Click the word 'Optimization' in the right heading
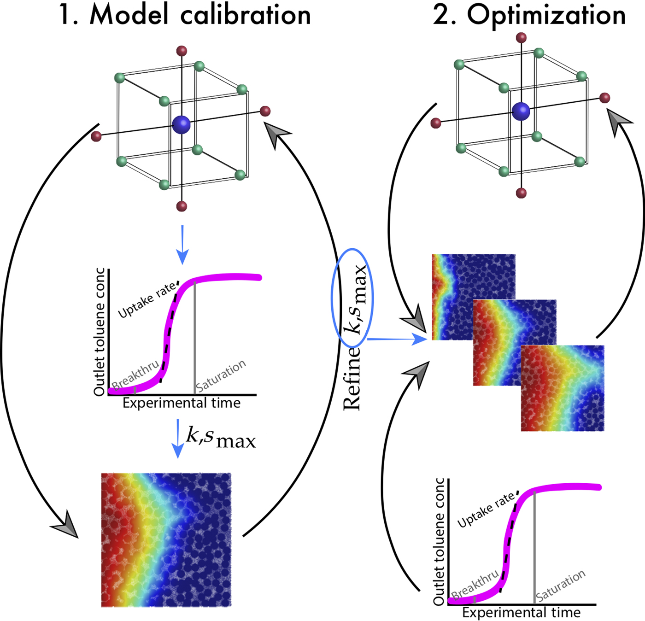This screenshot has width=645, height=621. (546, 15)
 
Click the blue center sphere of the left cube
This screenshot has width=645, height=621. (181, 125)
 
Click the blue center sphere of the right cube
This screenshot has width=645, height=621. (521, 111)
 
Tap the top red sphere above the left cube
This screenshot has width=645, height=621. (182, 51)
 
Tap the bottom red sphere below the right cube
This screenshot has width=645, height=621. (521, 193)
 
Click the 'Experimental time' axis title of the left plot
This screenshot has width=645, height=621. (182, 404)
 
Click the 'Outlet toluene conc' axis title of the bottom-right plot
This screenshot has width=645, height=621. (439, 541)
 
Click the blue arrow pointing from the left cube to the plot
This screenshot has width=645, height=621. (182, 244)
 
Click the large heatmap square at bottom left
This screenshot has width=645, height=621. (166, 539)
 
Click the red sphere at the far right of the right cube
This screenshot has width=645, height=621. (604, 98)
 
